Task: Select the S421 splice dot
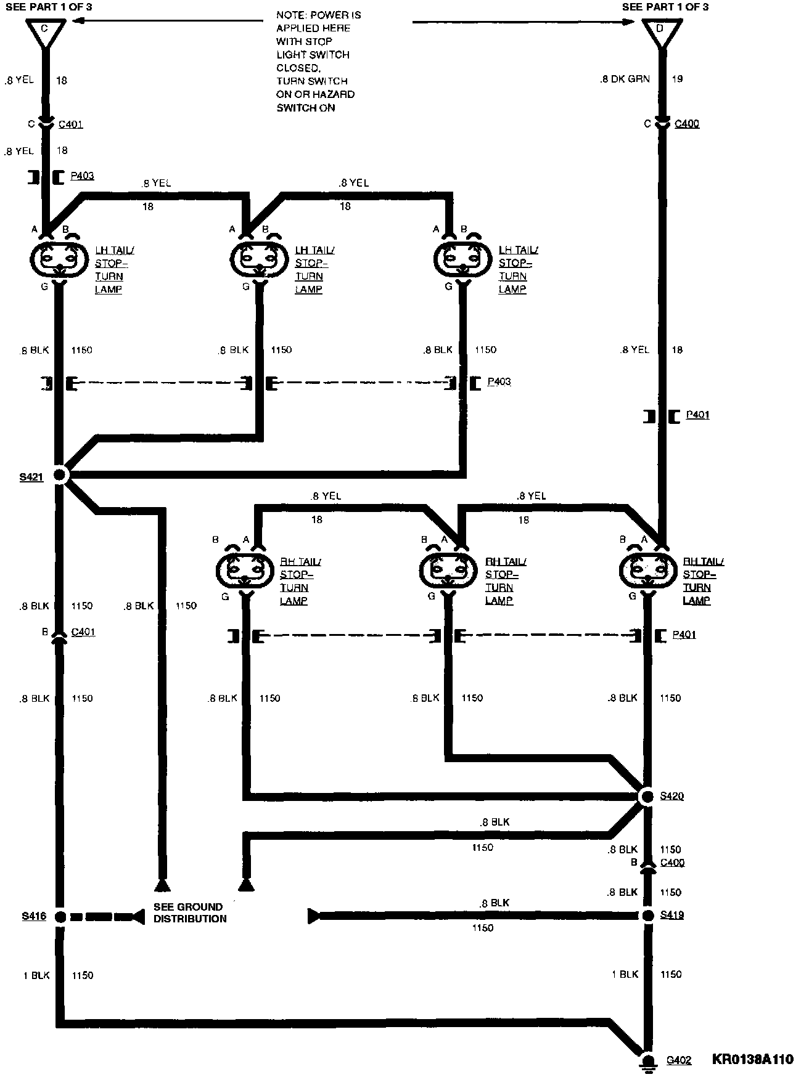[60, 474]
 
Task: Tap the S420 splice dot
[647, 797]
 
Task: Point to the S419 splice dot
[647, 916]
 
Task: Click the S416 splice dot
[60, 917]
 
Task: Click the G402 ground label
[678, 1060]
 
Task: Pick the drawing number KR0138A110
[752, 1060]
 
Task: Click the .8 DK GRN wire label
[625, 79]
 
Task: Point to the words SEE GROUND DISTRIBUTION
[190, 912]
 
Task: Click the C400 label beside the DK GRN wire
[687, 124]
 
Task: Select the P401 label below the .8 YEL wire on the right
[697, 415]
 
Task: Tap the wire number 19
[677, 79]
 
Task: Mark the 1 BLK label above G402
[625, 974]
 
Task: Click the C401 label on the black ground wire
[83, 632]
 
